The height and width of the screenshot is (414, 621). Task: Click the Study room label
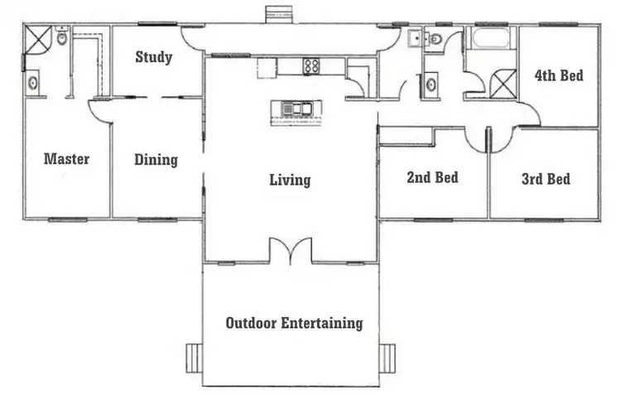pos(154,57)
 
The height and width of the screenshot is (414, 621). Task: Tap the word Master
pos(66,158)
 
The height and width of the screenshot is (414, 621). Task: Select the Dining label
pos(156,159)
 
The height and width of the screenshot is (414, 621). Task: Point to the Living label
pos(290,180)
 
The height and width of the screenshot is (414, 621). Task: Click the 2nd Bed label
pos(432,177)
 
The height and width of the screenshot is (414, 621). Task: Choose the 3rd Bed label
pos(546,178)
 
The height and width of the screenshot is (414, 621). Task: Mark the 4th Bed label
pos(558,76)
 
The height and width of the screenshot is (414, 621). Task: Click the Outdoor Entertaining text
pos(294,323)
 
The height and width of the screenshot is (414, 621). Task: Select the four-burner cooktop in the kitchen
pos(311,66)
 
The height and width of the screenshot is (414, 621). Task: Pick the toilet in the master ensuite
pos(62,37)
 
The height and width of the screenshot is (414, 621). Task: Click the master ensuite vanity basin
pos(33,82)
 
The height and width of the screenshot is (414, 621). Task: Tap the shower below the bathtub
pos(503,84)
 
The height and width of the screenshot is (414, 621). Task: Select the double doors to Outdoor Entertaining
pos(290,250)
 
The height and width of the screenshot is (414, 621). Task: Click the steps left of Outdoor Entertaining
pos(192,359)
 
